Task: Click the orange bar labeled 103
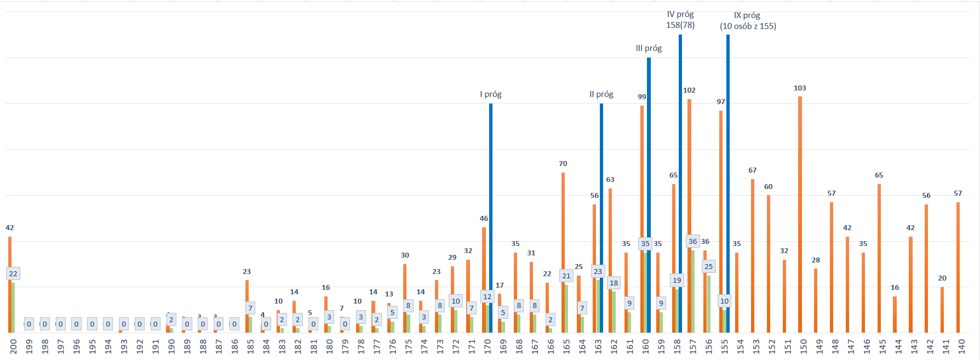point(800,214)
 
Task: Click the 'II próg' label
point(601,94)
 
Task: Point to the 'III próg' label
point(649,48)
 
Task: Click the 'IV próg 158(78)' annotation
point(680,20)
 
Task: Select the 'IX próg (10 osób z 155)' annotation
point(748,21)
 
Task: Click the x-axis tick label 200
point(13,346)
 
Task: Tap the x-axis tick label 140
point(961,346)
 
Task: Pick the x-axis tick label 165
point(566,346)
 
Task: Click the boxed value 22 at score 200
point(13,273)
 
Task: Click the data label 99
point(641,97)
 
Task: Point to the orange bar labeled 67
point(753,255)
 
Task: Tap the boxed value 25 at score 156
point(708,267)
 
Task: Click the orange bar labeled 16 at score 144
point(895,315)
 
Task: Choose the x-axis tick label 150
point(804,346)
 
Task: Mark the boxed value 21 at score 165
point(566,276)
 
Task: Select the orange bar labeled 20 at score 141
point(942,310)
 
